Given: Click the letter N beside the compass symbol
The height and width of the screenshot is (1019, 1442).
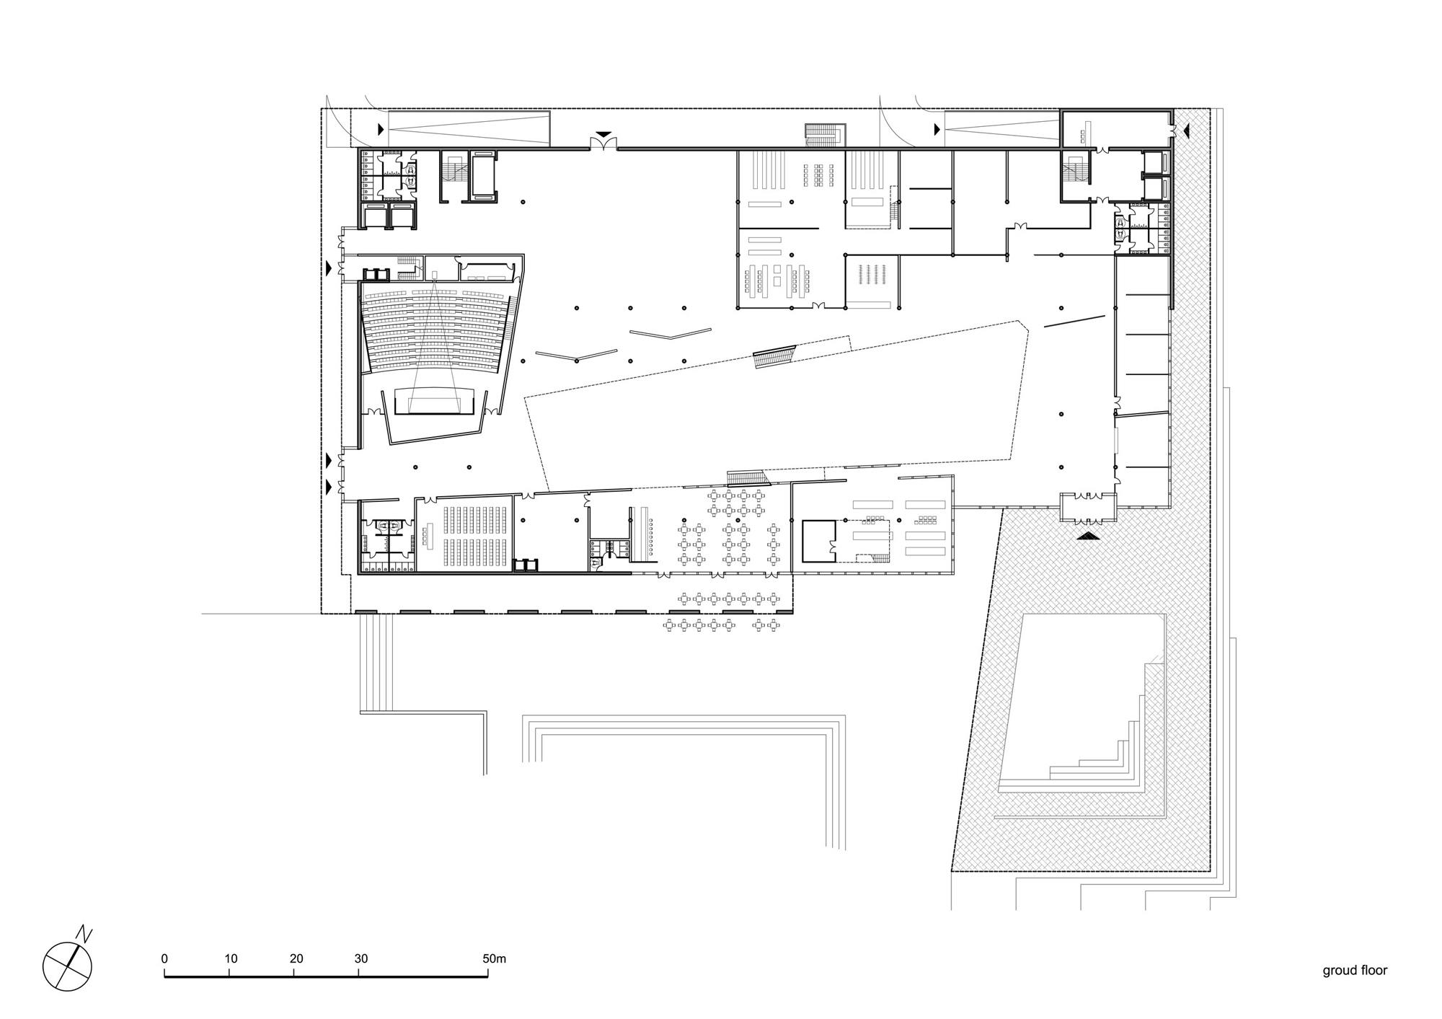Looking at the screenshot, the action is tap(87, 935).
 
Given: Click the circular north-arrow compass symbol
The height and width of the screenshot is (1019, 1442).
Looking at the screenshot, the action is tap(68, 966).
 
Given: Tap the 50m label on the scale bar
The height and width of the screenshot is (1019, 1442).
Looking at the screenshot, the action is tap(495, 958).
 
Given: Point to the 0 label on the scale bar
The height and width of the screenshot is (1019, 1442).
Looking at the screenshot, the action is tap(164, 958).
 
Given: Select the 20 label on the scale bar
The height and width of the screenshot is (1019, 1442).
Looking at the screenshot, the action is tap(296, 958).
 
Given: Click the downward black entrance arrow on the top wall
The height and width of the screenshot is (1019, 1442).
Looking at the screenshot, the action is tap(603, 135).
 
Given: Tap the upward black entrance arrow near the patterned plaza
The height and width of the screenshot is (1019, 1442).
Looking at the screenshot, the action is tap(1089, 536).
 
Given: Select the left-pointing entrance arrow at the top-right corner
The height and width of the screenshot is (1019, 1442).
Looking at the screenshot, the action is tap(1186, 130).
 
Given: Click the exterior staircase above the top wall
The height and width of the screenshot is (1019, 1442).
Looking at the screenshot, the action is tap(826, 134).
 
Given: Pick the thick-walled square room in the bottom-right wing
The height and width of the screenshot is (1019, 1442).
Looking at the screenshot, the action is tap(818, 541).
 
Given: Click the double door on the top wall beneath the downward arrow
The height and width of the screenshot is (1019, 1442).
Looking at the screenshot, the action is tap(603, 146).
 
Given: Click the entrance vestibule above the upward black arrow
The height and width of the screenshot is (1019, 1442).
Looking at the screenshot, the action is tap(1088, 508).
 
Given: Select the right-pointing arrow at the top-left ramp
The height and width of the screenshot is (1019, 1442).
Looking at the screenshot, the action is tap(381, 130).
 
